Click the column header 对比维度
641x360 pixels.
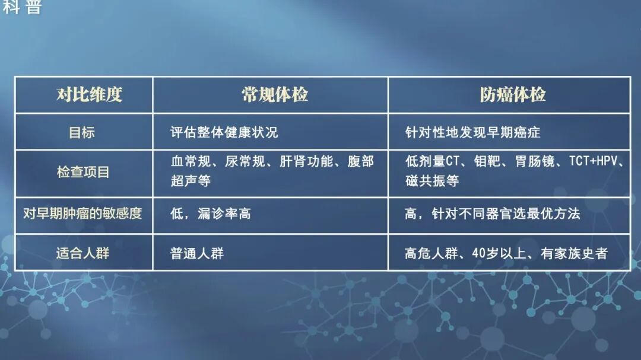click(89, 95)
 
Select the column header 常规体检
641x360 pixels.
click(275, 95)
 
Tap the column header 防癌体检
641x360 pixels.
click(513, 95)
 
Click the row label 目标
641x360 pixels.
click(82, 132)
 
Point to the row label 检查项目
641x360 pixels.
click(83, 173)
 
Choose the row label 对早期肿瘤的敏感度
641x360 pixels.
click(82, 214)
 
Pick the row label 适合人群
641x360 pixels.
click(82, 253)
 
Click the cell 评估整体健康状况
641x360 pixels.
click(224, 132)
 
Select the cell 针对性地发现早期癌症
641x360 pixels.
click(472, 132)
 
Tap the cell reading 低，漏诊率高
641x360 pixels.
click(211, 214)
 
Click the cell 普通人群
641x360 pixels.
click(197, 253)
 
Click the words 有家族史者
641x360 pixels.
click(574, 253)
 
